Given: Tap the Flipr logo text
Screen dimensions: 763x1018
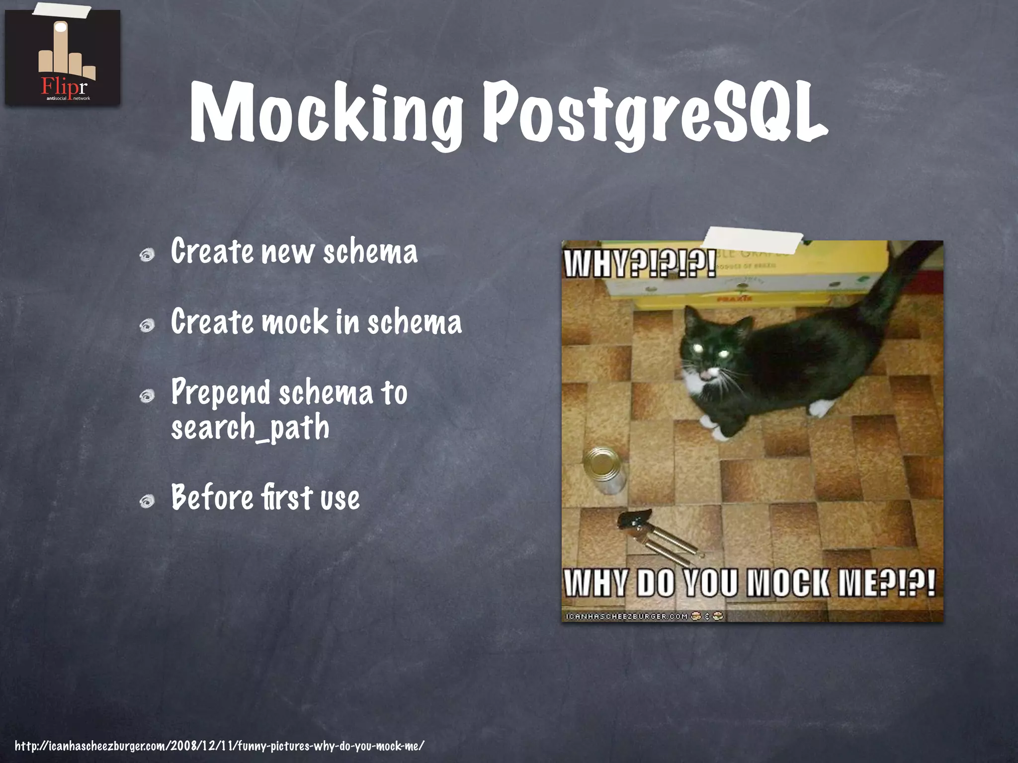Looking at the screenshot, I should tap(64, 87).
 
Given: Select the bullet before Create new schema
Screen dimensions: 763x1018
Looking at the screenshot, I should tap(147, 255).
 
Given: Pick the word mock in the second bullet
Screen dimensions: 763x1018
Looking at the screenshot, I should tap(295, 322).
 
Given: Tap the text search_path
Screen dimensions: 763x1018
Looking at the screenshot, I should tap(250, 427).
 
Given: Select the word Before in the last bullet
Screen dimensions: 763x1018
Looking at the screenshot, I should tap(212, 497).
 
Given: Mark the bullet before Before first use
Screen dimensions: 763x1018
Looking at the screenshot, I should tap(147, 502).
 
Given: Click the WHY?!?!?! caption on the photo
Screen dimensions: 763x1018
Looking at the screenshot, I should tap(640, 263).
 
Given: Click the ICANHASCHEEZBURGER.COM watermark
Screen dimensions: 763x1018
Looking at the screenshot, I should tap(627, 616).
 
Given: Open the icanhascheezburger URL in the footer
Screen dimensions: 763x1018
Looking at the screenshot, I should tap(219, 745).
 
